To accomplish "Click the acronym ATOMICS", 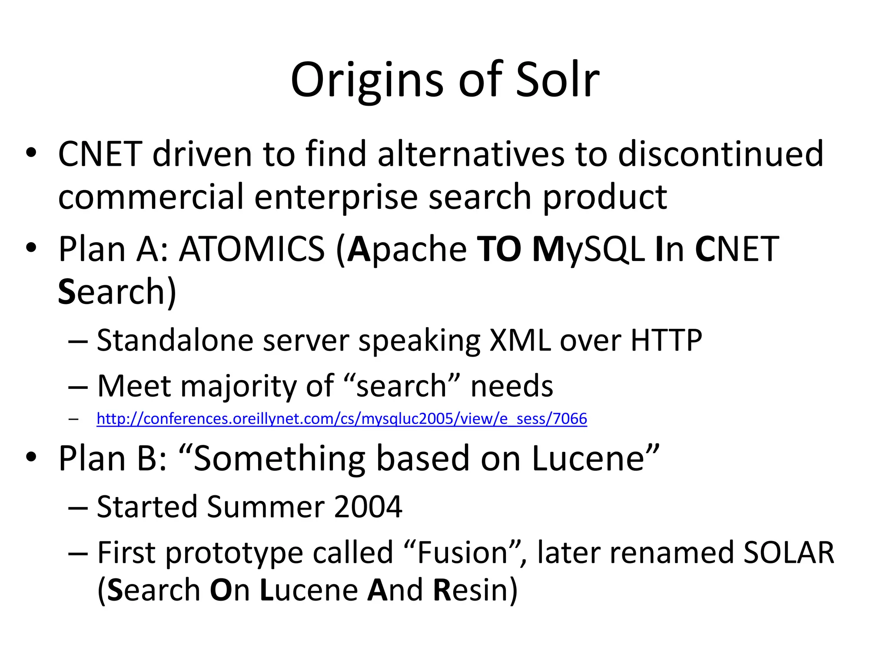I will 252,249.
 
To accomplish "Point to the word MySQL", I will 588,249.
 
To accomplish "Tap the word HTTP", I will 666,340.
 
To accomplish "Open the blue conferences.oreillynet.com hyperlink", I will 342,419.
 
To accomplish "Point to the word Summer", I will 266,507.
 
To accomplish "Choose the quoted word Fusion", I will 462,552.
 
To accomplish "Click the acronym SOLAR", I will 788,552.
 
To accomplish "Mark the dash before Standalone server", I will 78,341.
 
